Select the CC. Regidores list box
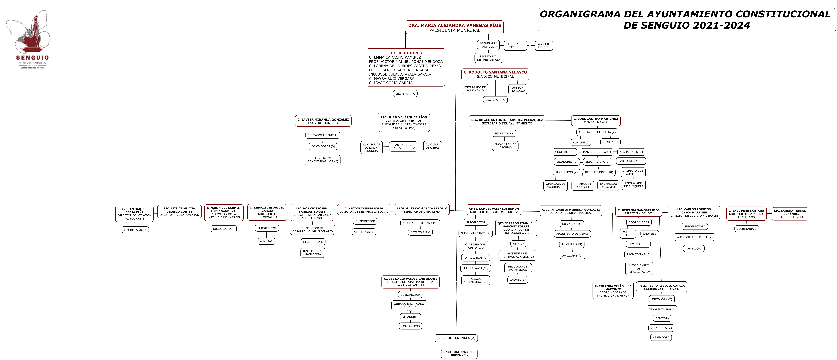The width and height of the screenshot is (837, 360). click(406, 68)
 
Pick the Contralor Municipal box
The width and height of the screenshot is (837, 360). click(404, 122)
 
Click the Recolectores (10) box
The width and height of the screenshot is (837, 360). click(599, 172)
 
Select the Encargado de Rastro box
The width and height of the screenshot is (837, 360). click(608, 186)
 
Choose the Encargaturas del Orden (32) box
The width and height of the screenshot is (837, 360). click(459, 354)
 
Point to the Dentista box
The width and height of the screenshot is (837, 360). click(662, 318)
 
